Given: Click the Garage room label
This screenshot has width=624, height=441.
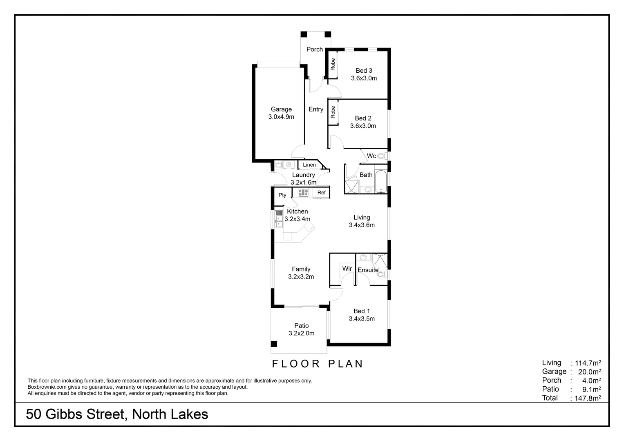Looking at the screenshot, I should pos(281,109).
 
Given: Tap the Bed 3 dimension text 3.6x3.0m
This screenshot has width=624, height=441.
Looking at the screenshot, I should pos(364,78).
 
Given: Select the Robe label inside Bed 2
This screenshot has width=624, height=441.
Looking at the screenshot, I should pos(333,112).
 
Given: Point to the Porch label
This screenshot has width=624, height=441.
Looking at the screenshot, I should pos(315,49).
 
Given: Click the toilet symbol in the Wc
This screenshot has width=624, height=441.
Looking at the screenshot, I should pos(381,156).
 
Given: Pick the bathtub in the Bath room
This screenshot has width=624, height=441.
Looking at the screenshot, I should pos(380,179).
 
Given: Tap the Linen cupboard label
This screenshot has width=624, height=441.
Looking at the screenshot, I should pos(309,165).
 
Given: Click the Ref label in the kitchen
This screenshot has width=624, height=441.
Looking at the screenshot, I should pos(322,193).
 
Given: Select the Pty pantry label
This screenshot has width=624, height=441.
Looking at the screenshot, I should pos(282,195).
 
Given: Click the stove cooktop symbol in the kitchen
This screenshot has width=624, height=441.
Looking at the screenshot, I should pos(303,192).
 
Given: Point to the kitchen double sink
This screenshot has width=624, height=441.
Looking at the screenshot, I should pos(279,219).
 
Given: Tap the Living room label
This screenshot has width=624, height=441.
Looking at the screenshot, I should pos(362,218).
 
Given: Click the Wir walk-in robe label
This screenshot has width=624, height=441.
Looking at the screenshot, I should pos(347,269).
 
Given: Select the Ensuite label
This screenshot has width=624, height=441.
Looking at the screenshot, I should pos(368,270).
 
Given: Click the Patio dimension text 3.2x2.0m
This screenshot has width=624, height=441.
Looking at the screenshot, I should pos(302,333).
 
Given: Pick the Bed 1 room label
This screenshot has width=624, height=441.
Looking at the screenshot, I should pos(362,311).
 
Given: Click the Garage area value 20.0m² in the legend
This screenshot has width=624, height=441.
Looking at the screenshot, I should pos(589,372).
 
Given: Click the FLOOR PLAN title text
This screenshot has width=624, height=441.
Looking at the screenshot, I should pos(318,364).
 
